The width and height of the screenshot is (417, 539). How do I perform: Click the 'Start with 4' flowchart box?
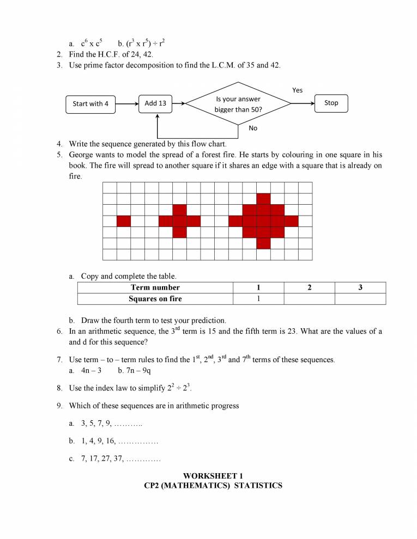[90, 103]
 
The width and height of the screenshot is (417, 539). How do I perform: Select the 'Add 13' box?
[155, 103]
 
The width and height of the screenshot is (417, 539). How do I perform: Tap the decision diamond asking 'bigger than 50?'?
[238, 103]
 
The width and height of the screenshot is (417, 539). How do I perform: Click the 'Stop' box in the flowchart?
[331, 103]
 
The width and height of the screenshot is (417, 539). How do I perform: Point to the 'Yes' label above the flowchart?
[297, 90]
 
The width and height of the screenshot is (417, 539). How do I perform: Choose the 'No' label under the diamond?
[252, 128]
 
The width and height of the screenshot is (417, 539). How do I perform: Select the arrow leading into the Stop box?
[303, 103]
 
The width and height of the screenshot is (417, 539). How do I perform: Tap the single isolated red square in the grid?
[124, 221]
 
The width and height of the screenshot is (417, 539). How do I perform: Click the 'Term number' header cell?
[155, 287]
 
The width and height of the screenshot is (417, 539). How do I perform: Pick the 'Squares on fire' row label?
[155, 298]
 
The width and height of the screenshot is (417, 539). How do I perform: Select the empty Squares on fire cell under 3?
[360, 298]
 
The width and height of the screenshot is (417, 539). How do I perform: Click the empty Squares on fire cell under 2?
[309, 298]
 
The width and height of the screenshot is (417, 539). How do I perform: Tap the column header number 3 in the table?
[360, 287]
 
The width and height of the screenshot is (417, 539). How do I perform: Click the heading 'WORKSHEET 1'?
[213, 476]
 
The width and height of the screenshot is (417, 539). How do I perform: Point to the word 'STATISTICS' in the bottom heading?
[258, 485]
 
